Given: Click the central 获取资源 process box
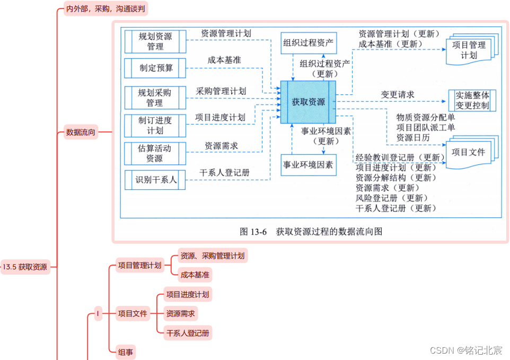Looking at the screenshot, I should tap(309, 102).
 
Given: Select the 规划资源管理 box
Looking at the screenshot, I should tap(155, 41).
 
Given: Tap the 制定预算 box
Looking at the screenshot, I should tap(155, 68).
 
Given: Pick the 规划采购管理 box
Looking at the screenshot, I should tap(155, 97).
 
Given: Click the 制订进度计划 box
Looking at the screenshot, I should tap(155, 125).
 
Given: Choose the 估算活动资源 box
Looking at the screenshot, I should tap(155, 153).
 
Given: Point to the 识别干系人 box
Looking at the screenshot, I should tap(155, 180).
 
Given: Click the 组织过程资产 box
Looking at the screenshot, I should tap(309, 43).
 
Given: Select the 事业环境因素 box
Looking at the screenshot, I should tap(309, 165).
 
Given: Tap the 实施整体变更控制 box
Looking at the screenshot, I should tap(472, 101).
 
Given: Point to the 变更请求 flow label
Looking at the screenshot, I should tap(397, 94).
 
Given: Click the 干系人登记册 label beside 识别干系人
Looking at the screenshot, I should tap(224, 173).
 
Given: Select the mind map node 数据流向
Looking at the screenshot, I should tap(81, 133).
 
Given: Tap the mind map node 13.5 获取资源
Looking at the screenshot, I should tap(24, 267).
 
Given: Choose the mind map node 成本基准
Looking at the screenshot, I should tap(195, 275).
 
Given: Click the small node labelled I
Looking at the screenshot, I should tap(98, 313).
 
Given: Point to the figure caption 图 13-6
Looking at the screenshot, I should tap(311, 232).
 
